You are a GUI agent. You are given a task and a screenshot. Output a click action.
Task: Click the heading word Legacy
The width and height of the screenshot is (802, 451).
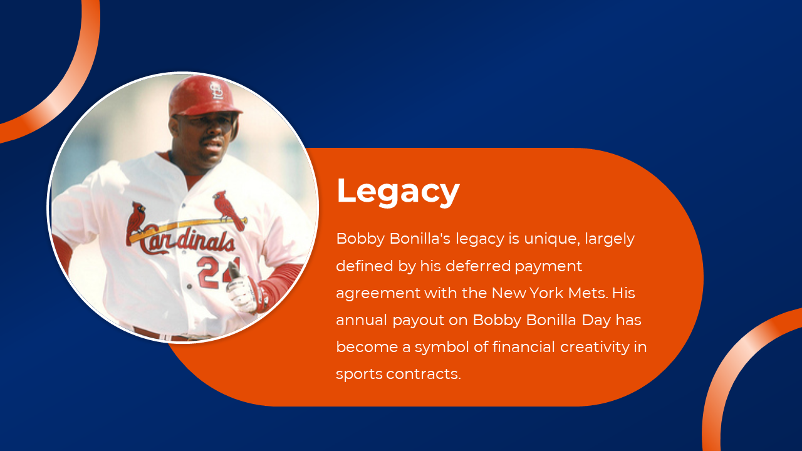click(x=398, y=192)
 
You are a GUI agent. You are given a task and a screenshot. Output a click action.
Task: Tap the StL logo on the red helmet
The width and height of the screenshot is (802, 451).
click(x=216, y=91)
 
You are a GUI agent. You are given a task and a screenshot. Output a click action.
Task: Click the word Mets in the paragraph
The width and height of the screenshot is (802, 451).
click(x=588, y=293)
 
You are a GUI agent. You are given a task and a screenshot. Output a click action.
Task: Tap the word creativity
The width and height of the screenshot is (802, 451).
click(x=595, y=348)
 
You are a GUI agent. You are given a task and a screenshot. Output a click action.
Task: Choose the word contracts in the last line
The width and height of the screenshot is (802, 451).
click(x=424, y=374)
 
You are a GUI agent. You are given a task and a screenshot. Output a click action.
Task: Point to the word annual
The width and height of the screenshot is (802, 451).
click(x=362, y=320)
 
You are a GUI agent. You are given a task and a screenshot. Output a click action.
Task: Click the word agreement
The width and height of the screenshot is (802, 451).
click(x=378, y=294)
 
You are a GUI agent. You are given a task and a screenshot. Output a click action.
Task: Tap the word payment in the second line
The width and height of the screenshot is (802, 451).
click(x=548, y=267)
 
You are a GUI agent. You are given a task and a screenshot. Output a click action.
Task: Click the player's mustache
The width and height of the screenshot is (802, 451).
click(x=211, y=138)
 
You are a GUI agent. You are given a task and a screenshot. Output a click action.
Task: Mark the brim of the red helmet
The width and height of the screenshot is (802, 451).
click(x=207, y=111)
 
